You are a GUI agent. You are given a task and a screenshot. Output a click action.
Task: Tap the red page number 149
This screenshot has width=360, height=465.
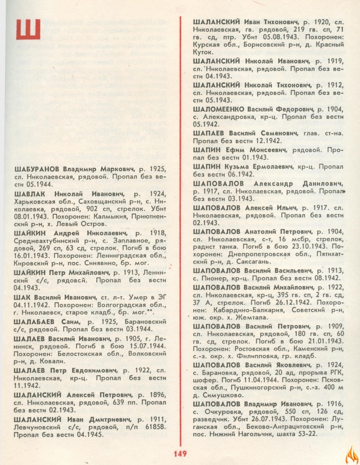(x=180, y=453)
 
